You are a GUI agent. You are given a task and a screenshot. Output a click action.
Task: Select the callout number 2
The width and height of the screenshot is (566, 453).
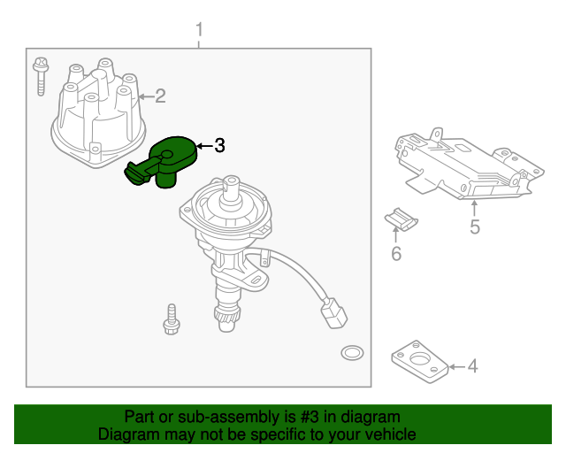click(x=160, y=96)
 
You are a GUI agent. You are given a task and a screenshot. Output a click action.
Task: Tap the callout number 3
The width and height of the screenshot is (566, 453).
click(x=219, y=145)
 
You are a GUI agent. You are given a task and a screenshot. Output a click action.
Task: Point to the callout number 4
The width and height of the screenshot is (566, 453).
click(x=472, y=365)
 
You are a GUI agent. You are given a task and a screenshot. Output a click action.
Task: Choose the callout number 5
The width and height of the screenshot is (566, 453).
click(x=475, y=228)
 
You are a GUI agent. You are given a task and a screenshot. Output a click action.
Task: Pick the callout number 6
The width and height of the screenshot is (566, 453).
click(x=396, y=255)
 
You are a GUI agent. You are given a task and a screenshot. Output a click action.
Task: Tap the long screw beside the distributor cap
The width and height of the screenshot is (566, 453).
click(x=40, y=76)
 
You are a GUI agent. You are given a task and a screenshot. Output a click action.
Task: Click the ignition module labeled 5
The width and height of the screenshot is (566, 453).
click(x=464, y=167)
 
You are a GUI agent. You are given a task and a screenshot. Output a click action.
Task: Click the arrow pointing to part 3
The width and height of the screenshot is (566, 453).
click(x=203, y=145)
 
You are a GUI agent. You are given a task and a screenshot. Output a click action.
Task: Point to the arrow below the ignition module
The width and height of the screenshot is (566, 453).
click(x=475, y=209)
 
